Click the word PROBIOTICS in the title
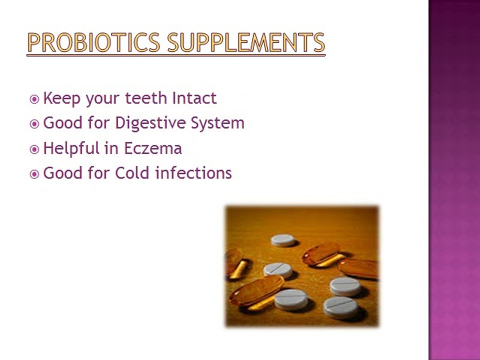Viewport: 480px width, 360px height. click(x=93, y=42)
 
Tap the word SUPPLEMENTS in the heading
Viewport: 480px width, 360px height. click(x=246, y=42)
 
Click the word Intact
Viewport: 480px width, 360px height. click(x=194, y=98)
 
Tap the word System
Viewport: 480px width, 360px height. click(x=217, y=123)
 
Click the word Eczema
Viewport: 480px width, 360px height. click(x=153, y=148)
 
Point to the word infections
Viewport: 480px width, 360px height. click(x=193, y=173)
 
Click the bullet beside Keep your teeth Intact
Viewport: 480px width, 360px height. click(x=34, y=99)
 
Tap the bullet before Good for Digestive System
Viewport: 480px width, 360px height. click(x=34, y=124)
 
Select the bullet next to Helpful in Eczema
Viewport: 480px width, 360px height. click(x=34, y=149)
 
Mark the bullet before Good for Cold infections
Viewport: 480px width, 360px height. click(x=34, y=174)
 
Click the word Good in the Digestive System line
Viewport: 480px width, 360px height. click(x=63, y=123)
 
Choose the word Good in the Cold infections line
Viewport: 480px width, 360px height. click(x=63, y=173)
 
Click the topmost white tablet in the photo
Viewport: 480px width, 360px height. click(x=283, y=240)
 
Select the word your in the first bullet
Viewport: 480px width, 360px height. click(x=103, y=99)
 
